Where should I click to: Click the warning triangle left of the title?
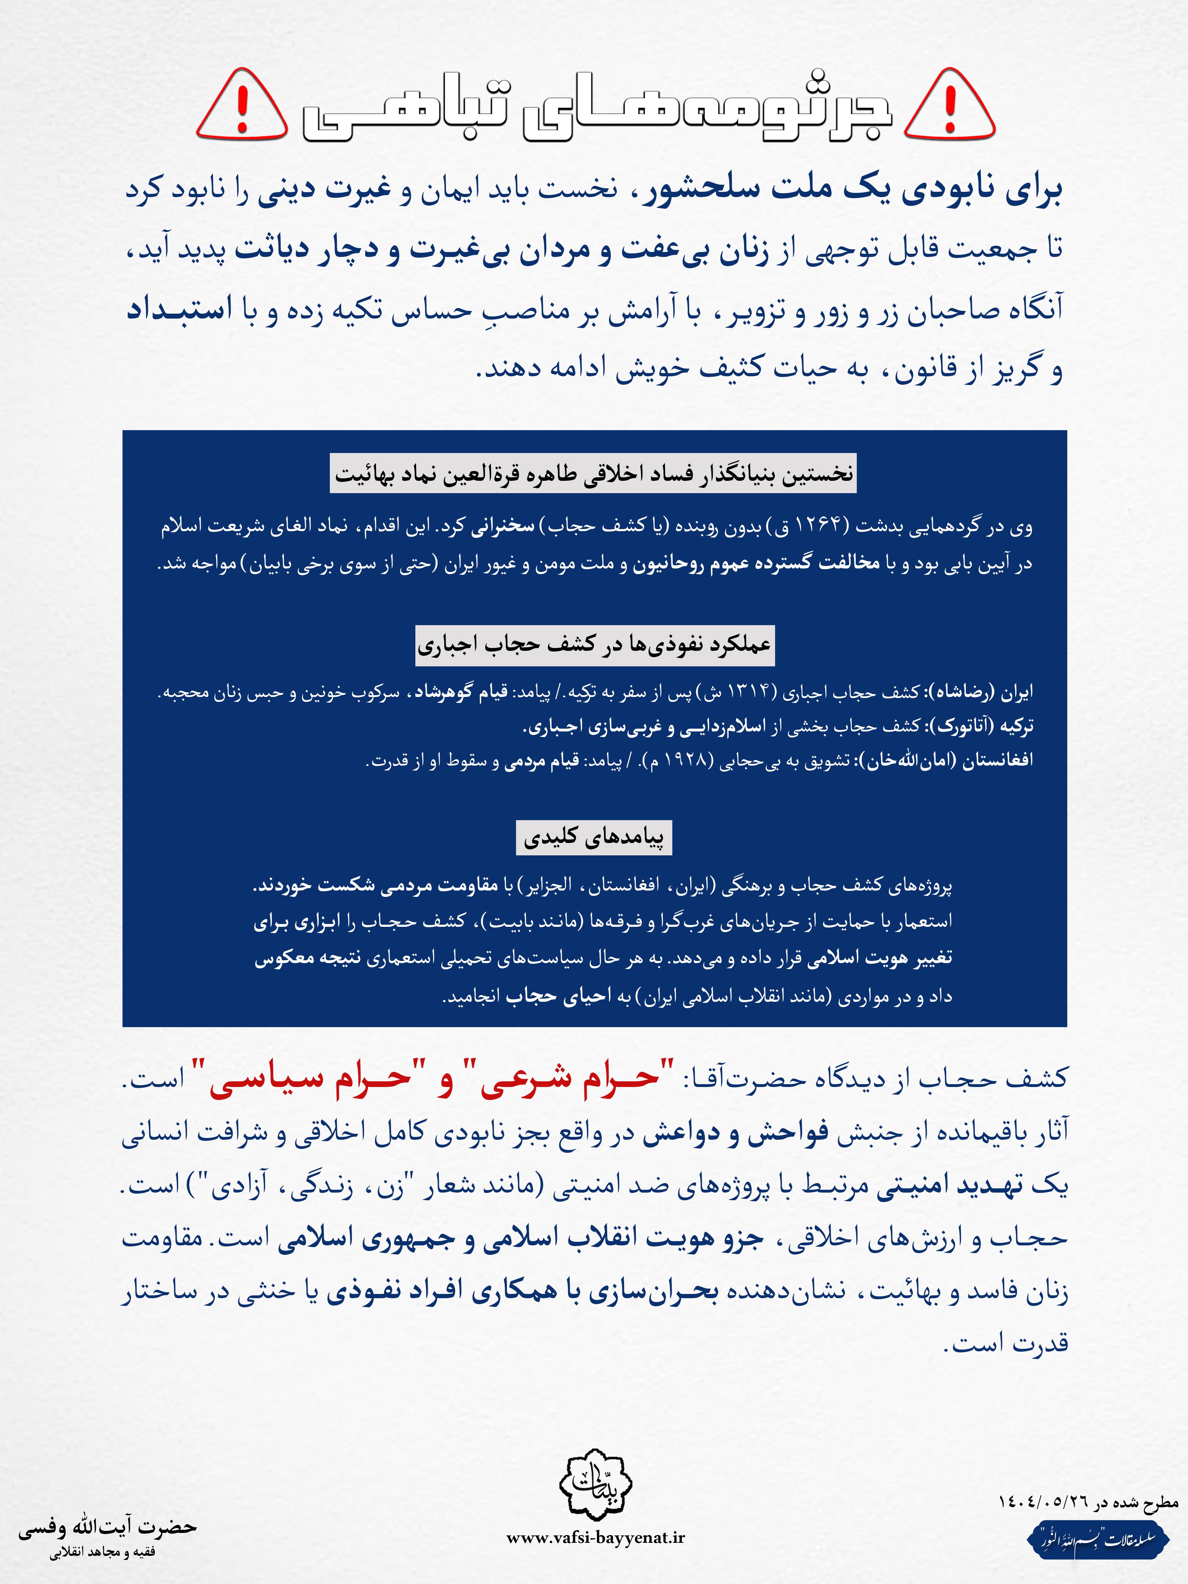[x=242, y=106]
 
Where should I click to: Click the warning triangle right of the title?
[x=950, y=106]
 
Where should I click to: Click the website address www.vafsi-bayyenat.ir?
[x=595, y=1538]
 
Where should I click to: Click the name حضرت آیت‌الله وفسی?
[x=107, y=1527]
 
